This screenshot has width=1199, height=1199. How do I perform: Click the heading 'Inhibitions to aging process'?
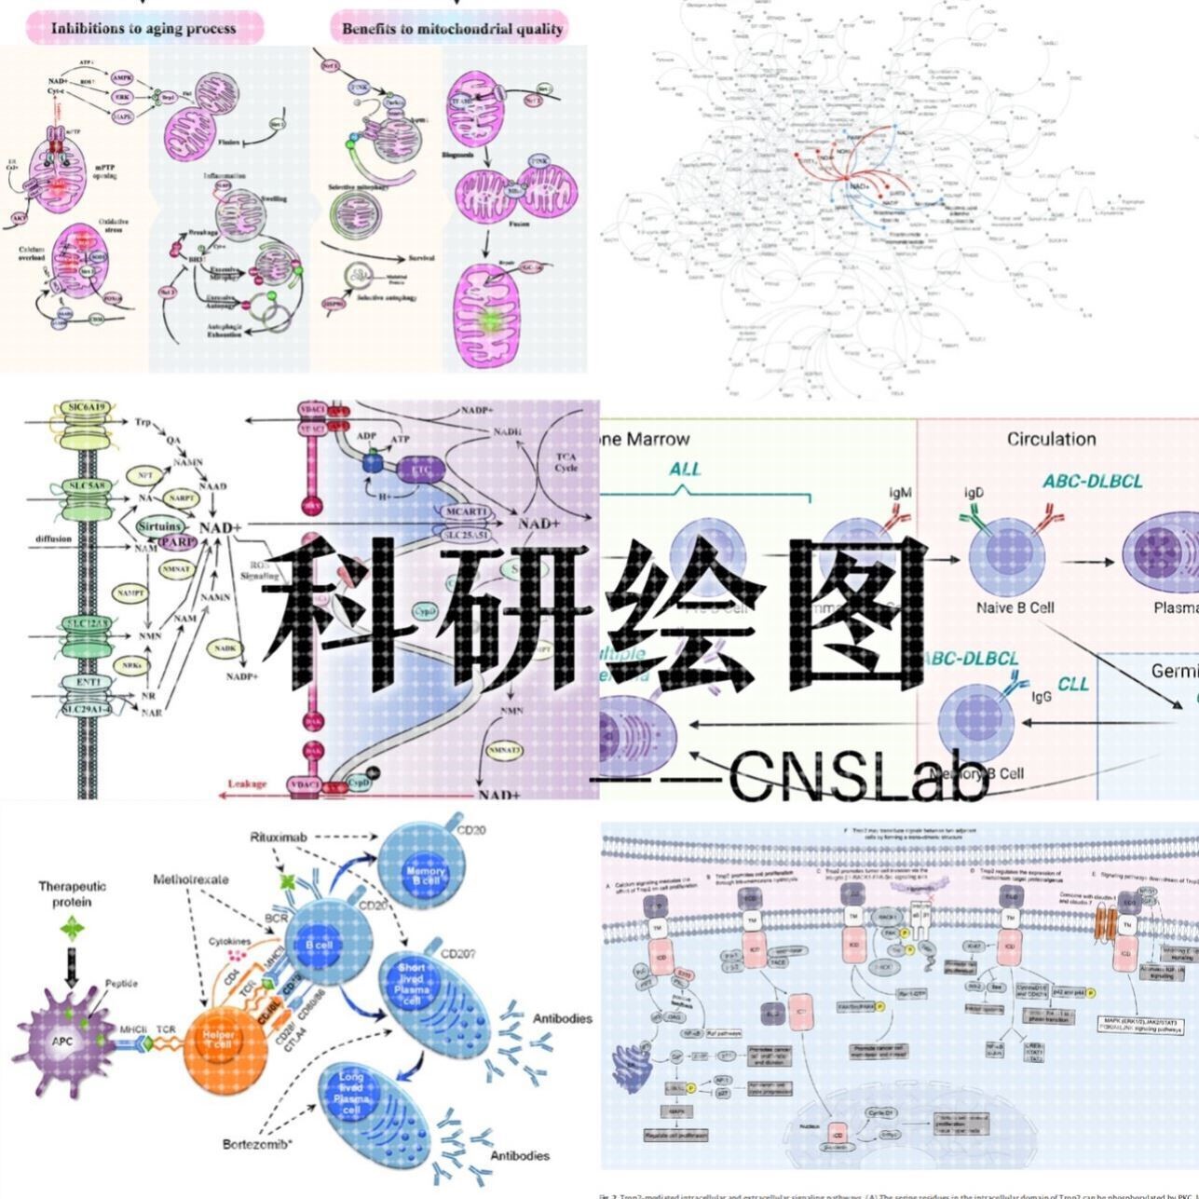point(143,28)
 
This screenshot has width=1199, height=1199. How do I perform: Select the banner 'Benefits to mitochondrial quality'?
point(452,28)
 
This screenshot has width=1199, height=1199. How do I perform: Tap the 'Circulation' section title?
point(1051,439)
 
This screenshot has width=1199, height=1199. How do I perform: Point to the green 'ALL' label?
point(685,469)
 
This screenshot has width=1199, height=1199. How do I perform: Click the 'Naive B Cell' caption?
point(1015,607)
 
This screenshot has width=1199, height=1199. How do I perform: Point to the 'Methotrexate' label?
point(191,879)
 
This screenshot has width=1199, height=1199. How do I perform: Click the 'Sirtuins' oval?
point(160,527)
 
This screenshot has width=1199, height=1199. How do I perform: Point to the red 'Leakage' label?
point(248,783)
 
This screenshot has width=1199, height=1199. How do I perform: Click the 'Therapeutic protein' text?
point(73,893)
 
